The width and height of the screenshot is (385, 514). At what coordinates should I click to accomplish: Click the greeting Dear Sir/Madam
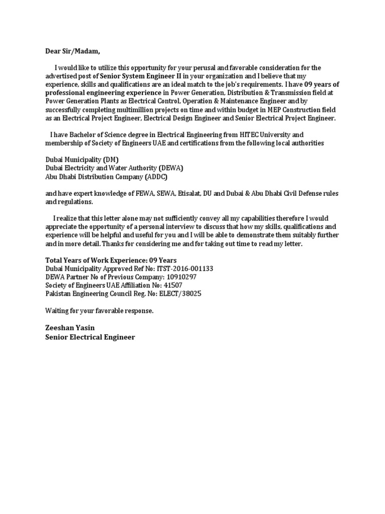coord(70,51)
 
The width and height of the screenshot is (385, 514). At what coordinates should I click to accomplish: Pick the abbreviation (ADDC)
coord(156,177)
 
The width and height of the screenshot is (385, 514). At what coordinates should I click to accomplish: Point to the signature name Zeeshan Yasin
coord(70,327)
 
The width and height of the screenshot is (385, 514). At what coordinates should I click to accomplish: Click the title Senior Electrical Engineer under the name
coord(90,337)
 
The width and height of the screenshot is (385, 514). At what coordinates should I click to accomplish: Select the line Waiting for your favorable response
coord(99,311)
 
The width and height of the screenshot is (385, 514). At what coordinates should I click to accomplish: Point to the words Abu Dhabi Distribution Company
coord(94,177)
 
